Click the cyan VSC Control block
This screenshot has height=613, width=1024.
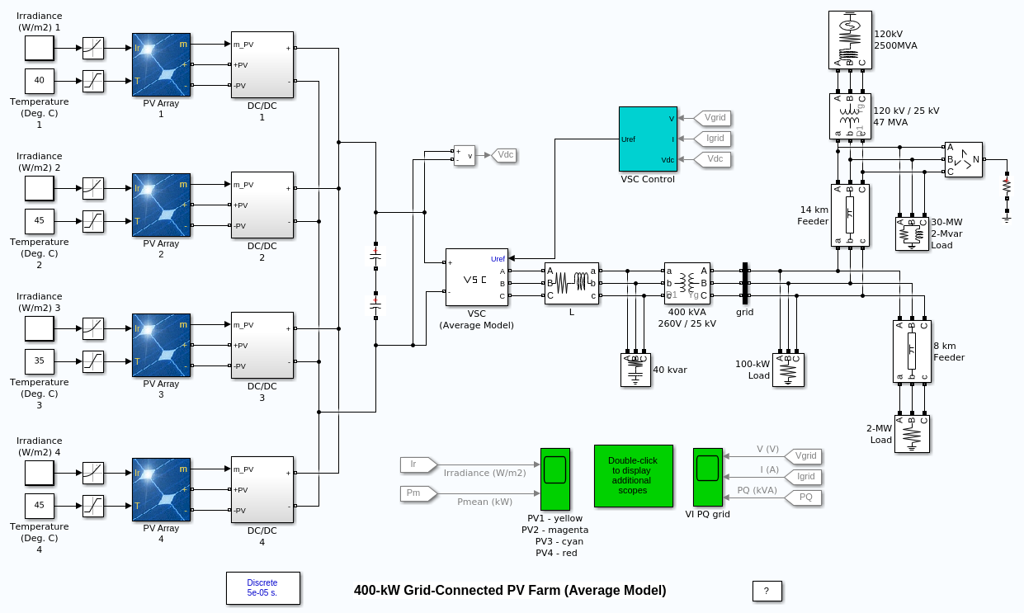click(x=648, y=139)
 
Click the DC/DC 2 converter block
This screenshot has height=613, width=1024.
click(x=262, y=205)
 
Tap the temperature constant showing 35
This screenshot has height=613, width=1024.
click(x=39, y=361)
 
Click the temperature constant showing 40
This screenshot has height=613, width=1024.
click(x=39, y=80)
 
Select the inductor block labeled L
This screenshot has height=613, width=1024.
click(x=571, y=283)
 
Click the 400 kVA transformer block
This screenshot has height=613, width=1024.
click(x=687, y=283)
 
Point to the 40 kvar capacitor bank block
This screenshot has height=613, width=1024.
click(x=635, y=370)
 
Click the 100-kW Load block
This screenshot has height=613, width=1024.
click(x=788, y=370)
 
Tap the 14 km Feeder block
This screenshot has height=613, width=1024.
click(x=850, y=215)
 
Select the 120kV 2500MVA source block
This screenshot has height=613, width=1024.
click(x=849, y=40)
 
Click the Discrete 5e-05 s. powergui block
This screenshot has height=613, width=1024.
click(x=262, y=587)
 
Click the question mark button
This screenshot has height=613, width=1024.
click(x=767, y=591)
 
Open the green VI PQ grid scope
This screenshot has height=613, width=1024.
click(x=707, y=477)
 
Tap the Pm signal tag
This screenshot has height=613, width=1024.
click(x=414, y=493)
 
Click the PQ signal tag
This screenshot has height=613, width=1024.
click(x=805, y=497)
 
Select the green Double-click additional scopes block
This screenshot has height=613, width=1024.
click(x=633, y=475)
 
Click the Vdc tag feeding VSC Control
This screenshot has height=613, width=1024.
click(x=714, y=158)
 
